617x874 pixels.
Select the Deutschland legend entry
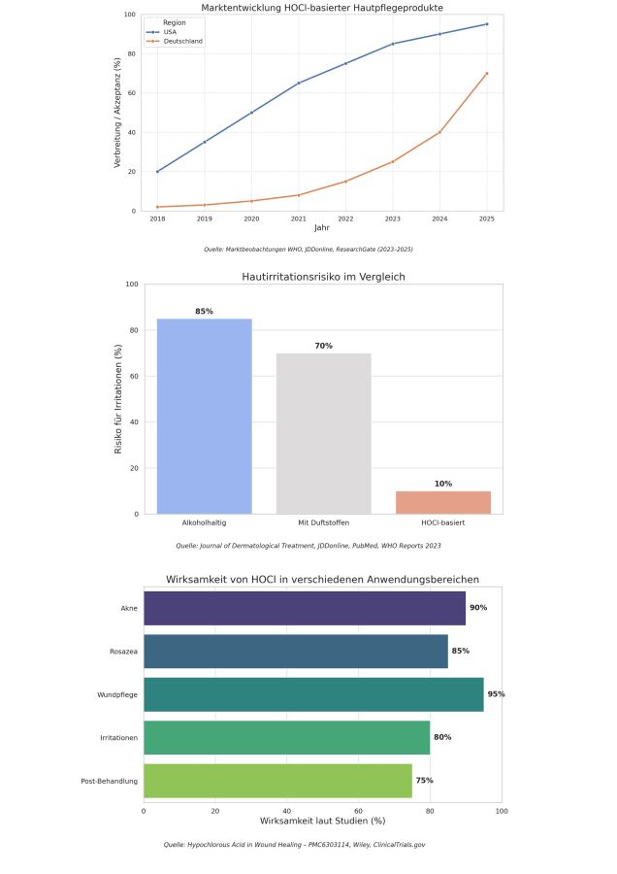pos(181,41)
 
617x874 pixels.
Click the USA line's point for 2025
pos(487,24)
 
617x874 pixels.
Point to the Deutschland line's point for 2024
pos(439,132)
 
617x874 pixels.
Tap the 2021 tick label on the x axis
pos(298,219)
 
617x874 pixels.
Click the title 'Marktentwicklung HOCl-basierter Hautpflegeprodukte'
pos(322,8)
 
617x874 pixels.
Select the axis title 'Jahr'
pos(322,228)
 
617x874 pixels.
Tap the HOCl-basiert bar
pos(443,502)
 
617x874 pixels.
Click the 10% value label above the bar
pos(443,484)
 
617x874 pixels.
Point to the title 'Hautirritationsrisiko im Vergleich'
pos(323,277)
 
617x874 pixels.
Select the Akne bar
pos(305,607)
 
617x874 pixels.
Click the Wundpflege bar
pos(313,694)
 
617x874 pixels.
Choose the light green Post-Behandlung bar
pos(277,781)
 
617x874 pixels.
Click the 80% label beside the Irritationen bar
pos(442,737)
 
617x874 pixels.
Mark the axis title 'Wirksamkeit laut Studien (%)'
pos(322,821)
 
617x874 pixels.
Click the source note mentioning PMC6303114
pos(294,845)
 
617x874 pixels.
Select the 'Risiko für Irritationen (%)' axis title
pos(119,399)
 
